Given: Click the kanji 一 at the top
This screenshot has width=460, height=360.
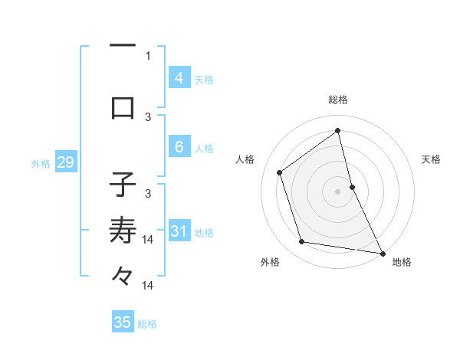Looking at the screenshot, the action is click(123, 46).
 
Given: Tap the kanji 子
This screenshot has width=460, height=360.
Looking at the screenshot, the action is click(123, 185).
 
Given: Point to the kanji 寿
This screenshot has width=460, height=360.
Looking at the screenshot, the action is click(123, 229).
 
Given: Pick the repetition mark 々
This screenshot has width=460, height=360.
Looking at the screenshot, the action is click(123, 275).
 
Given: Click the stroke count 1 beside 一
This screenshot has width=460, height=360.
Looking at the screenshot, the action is click(148, 55).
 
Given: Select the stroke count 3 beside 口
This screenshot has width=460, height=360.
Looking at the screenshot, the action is click(148, 116).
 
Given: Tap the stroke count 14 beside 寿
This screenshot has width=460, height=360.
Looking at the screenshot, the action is click(148, 240).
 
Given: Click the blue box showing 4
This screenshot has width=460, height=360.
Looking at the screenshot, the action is click(179, 78).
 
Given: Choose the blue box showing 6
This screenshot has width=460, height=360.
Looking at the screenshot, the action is click(179, 146).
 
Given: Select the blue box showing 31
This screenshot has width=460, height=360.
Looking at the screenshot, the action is click(179, 231).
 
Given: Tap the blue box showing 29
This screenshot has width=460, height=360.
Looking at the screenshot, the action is click(64, 162).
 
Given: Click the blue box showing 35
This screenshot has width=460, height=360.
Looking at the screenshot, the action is click(123, 322).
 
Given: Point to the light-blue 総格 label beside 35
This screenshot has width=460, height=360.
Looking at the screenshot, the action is click(147, 324).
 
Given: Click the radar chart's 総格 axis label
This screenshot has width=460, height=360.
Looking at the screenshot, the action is click(338, 100).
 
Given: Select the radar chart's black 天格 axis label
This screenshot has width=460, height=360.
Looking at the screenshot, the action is click(431, 159).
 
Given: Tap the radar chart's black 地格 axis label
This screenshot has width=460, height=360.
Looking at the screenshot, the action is click(402, 262).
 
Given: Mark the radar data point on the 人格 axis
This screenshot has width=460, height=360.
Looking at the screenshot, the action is click(279, 172).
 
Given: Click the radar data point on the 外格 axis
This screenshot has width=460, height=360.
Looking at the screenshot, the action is click(301, 242).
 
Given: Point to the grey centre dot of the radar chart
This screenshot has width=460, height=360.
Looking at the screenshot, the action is click(338, 191).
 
